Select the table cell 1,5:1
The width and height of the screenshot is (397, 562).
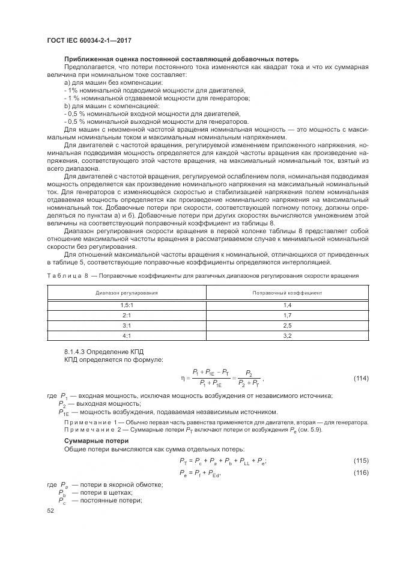click(127, 305)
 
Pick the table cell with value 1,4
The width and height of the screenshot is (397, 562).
click(287, 305)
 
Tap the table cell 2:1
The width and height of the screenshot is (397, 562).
click(127, 315)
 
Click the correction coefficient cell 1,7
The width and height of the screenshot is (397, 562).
click(287, 315)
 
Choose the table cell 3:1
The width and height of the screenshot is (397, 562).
click(127, 325)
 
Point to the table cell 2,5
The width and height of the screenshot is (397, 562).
click(287, 325)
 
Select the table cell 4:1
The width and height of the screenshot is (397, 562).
click(127, 335)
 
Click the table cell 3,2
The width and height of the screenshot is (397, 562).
click(287, 335)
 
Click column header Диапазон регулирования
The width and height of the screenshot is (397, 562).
click(127, 293)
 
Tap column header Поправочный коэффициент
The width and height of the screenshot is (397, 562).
click(287, 293)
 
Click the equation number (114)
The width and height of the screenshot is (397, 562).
click(360, 378)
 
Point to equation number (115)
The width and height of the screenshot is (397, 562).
click(360, 461)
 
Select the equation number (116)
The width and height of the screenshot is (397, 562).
click(360, 474)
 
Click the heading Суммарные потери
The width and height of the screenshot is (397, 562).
click(91, 441)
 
